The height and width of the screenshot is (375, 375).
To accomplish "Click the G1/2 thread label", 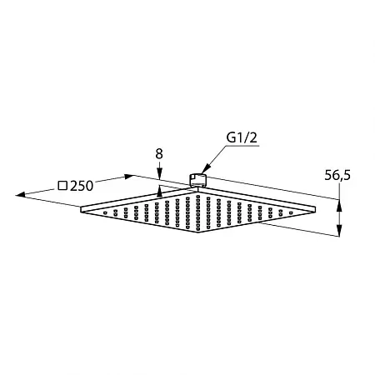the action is [242, 137].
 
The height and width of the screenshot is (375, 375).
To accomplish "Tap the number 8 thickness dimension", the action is [159, 153].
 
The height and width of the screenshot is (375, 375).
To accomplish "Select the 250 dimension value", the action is [82, 186].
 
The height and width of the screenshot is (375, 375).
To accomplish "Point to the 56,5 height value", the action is [337, 176].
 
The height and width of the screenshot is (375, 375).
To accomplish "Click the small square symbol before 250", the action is [62, 186].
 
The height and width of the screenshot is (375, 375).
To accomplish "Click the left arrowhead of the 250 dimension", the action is [21, 195].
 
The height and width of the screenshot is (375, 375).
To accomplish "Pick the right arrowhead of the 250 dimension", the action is [129, 177].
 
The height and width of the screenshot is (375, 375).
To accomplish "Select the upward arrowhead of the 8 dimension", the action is [159, 192].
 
